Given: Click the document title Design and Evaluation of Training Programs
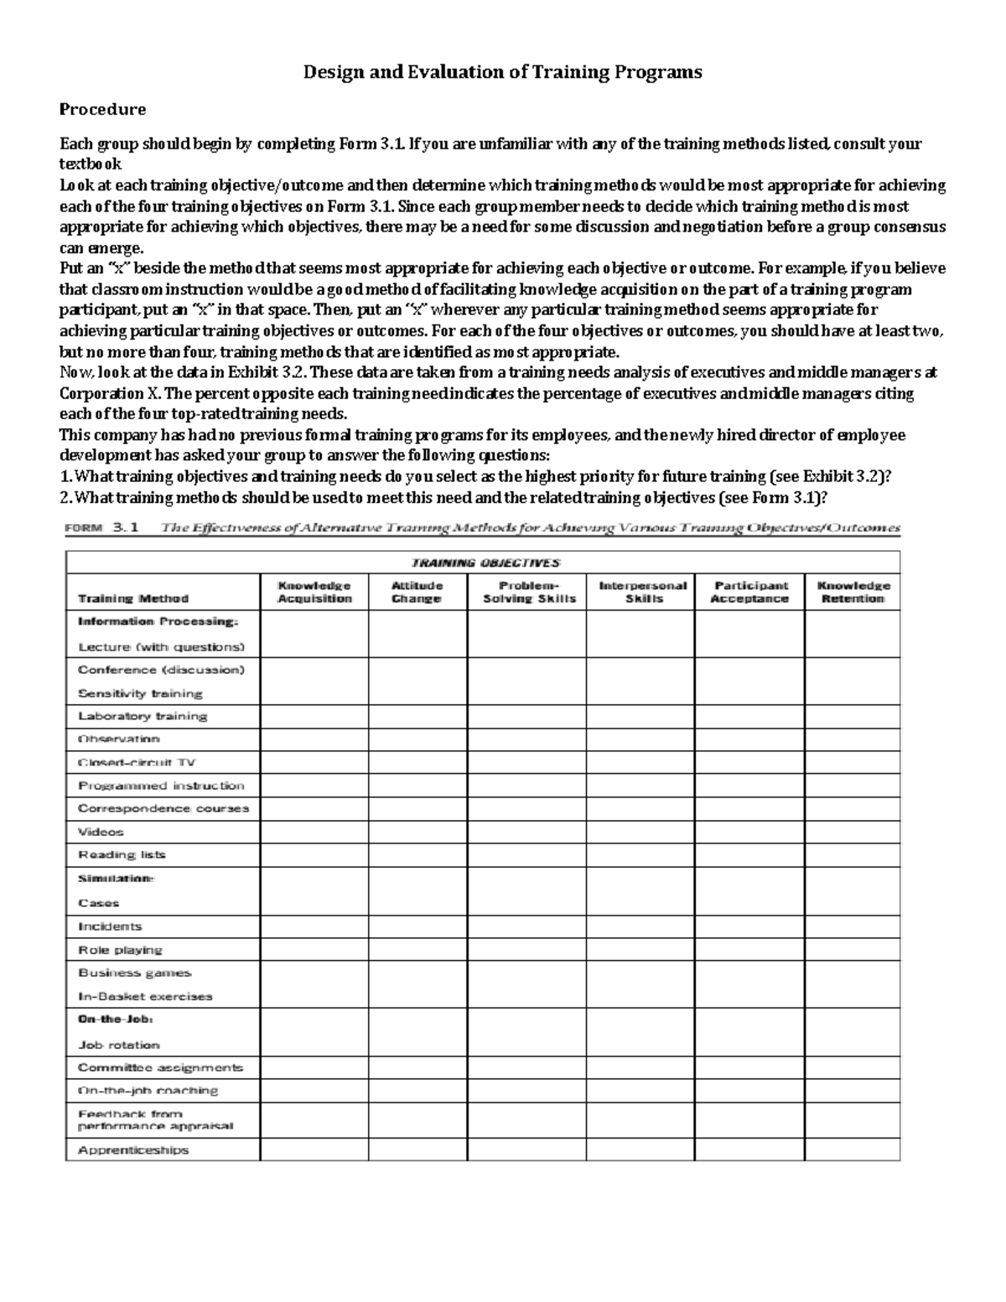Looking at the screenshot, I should (x=502, y=72).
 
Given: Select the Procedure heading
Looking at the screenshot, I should (x=101, y=109).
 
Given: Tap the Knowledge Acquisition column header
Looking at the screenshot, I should (x=314, y=592).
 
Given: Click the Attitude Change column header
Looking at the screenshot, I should (x=417, y=592).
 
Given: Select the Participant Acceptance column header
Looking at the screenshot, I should (x=750, y=592).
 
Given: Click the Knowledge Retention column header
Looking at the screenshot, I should (x=853, y=592).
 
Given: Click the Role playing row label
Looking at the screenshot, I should (x=120, y=950).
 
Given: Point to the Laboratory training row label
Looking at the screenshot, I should (x=143, y=716).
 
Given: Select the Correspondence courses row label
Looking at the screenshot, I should (x=163, y=808).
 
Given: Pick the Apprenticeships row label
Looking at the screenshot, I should (x=133, y=1149).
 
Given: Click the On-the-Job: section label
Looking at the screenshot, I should (x=116, y=1019).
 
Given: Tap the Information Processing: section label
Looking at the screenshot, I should (x=158, y=621).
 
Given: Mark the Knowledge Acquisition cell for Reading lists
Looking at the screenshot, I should (x=314, y=854).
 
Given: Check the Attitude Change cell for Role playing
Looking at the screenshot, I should (x=417, y=950).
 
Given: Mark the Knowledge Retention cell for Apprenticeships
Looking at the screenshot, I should (x=853, y=1149).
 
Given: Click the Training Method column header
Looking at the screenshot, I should (x=133, y=599).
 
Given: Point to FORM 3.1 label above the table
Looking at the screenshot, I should (x=103, y=528).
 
